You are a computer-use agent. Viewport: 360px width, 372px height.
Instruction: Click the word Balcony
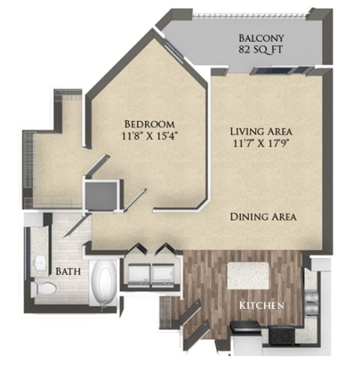coord(260,38)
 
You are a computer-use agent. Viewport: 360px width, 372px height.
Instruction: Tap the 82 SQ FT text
coord(260,52)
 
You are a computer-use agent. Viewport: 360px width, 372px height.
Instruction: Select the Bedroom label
coord(149,123)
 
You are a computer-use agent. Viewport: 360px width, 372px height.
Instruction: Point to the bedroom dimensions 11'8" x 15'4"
coord(149,136)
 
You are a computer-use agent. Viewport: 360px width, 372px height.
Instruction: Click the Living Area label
coord(260,130)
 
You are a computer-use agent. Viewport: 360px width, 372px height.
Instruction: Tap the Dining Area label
coord(262,217)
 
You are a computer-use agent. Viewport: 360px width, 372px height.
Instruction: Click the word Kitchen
coord(261,306)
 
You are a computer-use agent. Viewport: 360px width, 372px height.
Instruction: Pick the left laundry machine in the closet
coord(139,271)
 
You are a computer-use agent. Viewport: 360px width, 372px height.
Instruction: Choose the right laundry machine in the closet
coord(163,271)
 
